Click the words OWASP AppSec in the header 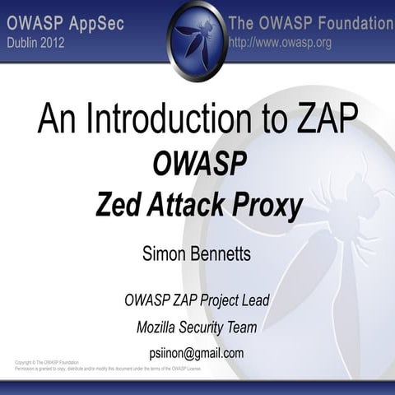[x=66, y=23]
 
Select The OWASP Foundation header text [x=311, y=23]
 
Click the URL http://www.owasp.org [x=280, y=43]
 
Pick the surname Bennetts [x=223, y=254]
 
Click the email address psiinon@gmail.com [x=197, y=353]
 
